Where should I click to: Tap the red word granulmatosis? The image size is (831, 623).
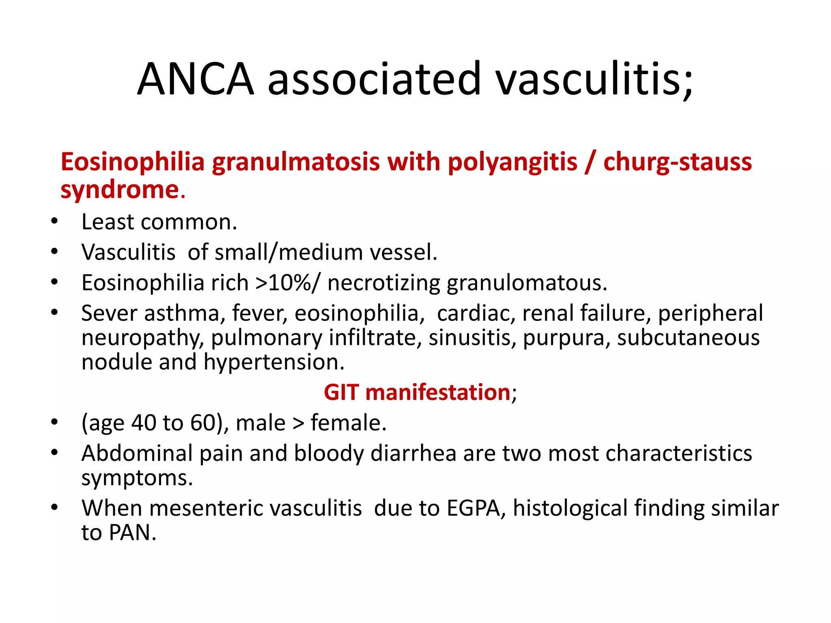click(x=296, y=162)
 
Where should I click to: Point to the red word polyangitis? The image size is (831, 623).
click(x=512, y=162)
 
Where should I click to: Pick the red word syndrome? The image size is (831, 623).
click(x=120, y=190)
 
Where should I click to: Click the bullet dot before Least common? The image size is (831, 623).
click(x=54, y=221)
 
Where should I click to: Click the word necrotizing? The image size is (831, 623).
click(x=383, y=283)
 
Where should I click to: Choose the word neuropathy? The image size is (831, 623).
click(x=142, y=338)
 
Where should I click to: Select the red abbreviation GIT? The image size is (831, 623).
click(x=341, y=393)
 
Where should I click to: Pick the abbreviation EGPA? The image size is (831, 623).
click(x=473, y=508)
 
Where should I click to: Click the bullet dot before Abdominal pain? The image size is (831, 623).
click(x=54, y=453)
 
